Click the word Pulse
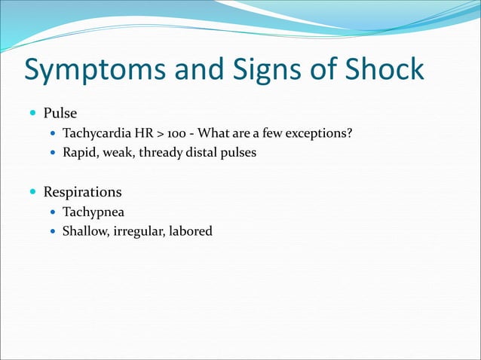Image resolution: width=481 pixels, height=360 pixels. (60, 114)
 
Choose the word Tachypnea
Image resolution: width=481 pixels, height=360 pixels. (93, 212)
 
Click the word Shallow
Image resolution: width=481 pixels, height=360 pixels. (85, 231)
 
